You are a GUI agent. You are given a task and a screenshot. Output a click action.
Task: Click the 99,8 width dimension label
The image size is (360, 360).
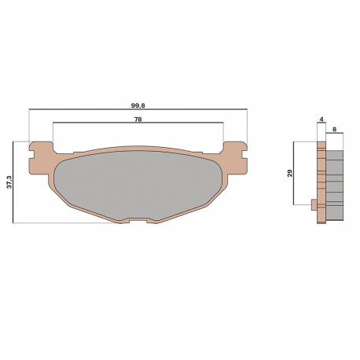click(138, 105)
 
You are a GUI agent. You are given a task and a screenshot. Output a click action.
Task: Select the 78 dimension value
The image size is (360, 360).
click(138, 119)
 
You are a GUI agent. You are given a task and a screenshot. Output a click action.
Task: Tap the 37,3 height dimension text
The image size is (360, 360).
click(9, 182)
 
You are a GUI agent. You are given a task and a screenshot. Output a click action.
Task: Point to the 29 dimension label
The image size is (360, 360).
click(290, 173)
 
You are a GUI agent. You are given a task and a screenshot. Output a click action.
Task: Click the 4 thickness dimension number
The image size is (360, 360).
click(321, 119)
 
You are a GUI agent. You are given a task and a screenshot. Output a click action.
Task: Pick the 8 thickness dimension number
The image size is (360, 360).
click(334, 129)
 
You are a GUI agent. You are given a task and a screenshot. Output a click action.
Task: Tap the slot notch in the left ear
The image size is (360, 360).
click(32, 154)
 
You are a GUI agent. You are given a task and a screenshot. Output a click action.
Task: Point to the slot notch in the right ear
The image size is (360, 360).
click(244, 154)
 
